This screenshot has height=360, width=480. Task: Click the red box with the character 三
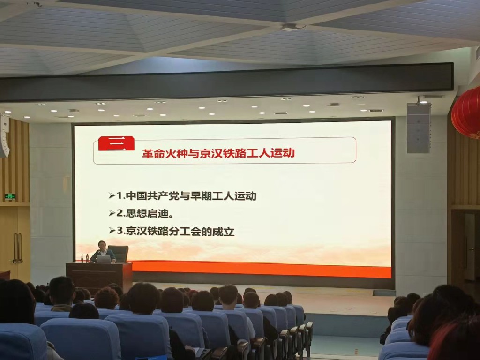pos(116,143)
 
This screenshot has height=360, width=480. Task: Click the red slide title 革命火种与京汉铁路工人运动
pos(218,153)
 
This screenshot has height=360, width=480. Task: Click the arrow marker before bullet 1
pos(112,195)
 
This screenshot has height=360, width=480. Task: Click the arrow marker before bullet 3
pos(112,231)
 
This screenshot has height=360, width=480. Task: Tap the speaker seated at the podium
pos(103,252)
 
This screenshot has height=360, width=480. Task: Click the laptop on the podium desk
pos(104,259)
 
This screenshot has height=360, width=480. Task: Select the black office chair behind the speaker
pos(119,253)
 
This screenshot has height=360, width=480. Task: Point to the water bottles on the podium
pos(84,258)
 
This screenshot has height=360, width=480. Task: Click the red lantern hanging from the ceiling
pos(466,113)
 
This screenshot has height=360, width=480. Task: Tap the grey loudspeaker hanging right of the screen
pos(419,128)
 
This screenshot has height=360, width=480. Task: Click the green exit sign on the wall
pos(10,196)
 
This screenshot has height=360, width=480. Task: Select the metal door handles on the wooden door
pos(17,248)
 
